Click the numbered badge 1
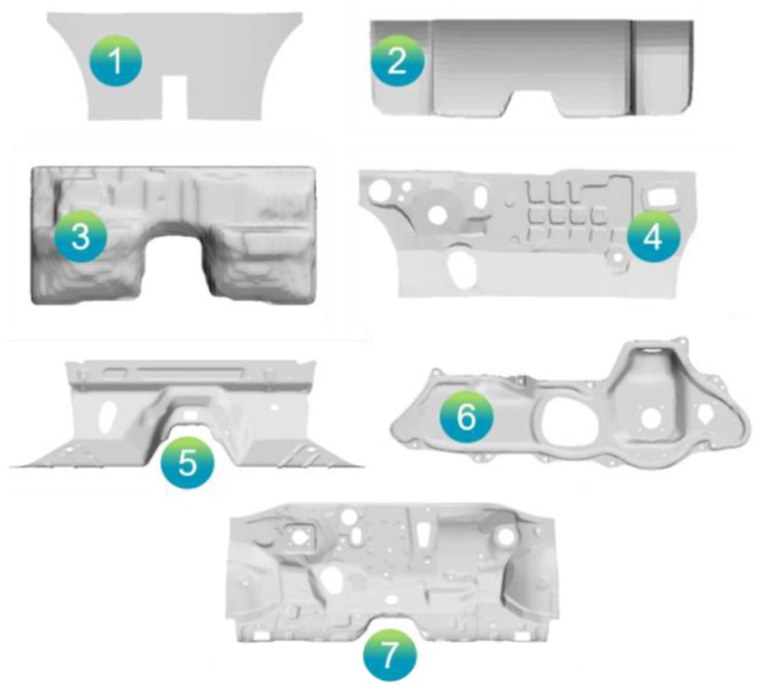click(115, 62)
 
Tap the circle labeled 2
click(397, 61)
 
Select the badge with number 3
click(80, 236)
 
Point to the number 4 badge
click(653, 237)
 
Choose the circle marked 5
click(187, 462)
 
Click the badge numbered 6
click(466, 417)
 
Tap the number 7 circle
click(390, 655)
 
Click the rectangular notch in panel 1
click(175, 98)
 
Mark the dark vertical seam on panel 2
click(632, 66)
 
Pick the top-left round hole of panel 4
click(378, 190)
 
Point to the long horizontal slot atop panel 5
click(190, 374)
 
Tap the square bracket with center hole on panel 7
click(297, 535)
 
